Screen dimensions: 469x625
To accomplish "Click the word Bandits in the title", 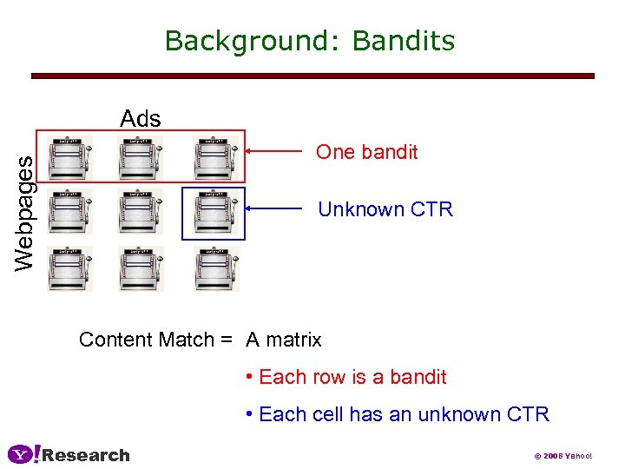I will [x=404, y=41].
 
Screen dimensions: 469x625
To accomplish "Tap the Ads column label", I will [x=141, y=117].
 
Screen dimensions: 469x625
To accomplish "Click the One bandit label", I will [x=366, y=152].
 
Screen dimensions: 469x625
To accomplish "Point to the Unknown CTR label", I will [x=385, y=209].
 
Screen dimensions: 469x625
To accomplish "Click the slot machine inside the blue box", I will [x=214, y=213].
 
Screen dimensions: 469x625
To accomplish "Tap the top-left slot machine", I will [x=69, y=156].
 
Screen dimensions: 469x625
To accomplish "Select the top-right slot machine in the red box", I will [x=214, y=156].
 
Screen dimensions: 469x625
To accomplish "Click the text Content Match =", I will [x=155, y=340].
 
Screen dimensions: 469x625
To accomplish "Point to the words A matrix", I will [x=284, y=340].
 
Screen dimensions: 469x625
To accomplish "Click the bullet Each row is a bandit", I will [x=347, y=377].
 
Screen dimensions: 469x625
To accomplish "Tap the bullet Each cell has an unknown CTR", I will [x=398, y=414].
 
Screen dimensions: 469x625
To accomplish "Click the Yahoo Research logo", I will [x=69, y=454].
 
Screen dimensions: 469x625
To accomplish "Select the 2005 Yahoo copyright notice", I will [x=562, y=456].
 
